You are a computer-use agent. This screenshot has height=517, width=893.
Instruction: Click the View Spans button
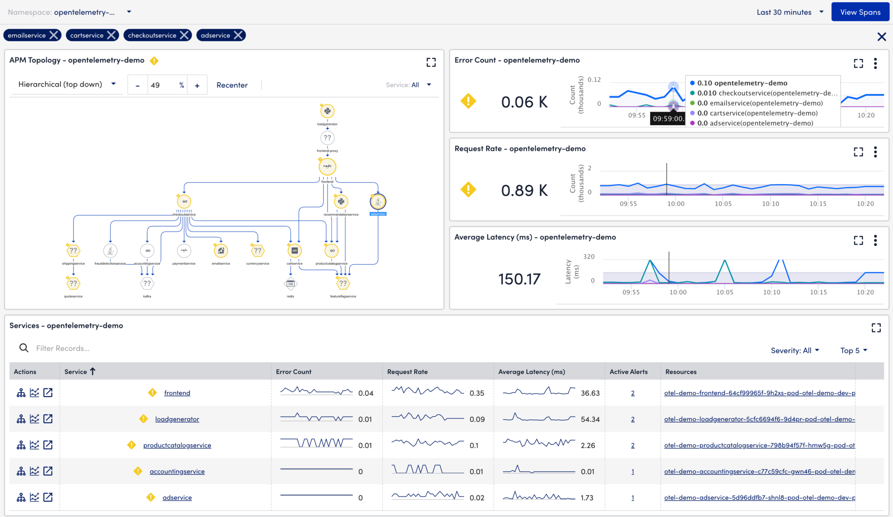(860, 12)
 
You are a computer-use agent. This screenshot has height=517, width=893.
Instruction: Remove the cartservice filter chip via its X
(112, 35)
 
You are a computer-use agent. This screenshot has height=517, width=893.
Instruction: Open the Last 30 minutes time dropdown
(790, 12)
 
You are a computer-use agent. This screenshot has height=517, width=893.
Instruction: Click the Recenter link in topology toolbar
(232, 85)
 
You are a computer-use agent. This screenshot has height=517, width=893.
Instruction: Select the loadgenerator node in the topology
(327, 111)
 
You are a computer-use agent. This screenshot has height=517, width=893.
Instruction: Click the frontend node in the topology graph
(327, 166)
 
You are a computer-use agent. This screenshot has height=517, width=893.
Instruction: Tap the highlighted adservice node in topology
(378, 202)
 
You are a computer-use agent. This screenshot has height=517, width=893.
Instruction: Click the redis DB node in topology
(290, 284)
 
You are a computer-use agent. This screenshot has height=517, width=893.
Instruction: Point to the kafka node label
(147, 296)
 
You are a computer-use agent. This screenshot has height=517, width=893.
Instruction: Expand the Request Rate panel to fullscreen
(858, 152)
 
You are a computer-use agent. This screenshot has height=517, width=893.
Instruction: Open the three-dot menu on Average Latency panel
(875, 240)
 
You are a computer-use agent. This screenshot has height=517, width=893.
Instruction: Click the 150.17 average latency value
(519, 279)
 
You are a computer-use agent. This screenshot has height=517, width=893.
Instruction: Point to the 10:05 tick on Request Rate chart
(723, 204)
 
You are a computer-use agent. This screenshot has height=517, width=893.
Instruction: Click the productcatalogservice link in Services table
(177, 445)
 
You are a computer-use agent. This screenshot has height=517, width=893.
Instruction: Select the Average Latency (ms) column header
(532, 372)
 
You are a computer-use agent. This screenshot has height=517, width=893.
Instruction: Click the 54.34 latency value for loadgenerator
(590, 419)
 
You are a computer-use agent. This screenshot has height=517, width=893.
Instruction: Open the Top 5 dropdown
(853, 350)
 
